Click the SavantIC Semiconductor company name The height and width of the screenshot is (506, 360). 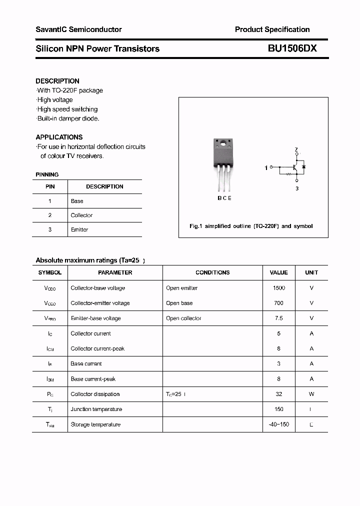[x=78, y=29]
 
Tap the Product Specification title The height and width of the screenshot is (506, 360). [x=272, y=29]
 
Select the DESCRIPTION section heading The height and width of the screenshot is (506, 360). [x=57, y=81]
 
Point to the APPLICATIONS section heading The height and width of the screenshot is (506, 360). [x=59, y=137]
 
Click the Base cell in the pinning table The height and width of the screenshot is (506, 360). [x=77, y=201]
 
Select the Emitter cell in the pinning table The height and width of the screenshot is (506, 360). [x=79, y=229]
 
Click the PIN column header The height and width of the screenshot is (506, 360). [x=50, y=186]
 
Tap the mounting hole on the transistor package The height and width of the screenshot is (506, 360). [x=223, y=145]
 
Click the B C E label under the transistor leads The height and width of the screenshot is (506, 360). [x=224, y=198]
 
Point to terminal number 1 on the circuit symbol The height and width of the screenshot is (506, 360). [x=266, y=168]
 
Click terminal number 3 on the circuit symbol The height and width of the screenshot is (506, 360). [x=296, y=188]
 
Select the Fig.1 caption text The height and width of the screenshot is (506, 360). [x=251, y=226]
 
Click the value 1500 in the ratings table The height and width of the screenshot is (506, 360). [x=278, y=288]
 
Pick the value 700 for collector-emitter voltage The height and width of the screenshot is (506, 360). [x=278, y=303]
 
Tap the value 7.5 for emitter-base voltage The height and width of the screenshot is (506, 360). [x=278, y=318]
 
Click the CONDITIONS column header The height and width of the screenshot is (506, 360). [x=212, y=272]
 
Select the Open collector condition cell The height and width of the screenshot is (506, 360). [x=183, y=318]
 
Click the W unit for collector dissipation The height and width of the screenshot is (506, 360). [x=311, y=394]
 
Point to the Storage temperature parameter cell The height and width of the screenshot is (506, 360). [x=95, y=424]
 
